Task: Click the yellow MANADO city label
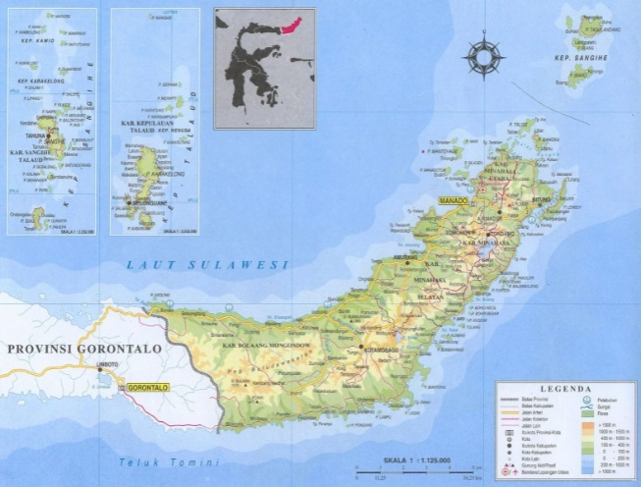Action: [x=451, y=199]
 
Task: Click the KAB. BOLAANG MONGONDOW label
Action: [x=273, y=349]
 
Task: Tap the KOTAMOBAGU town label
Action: [x=381, y=347]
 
